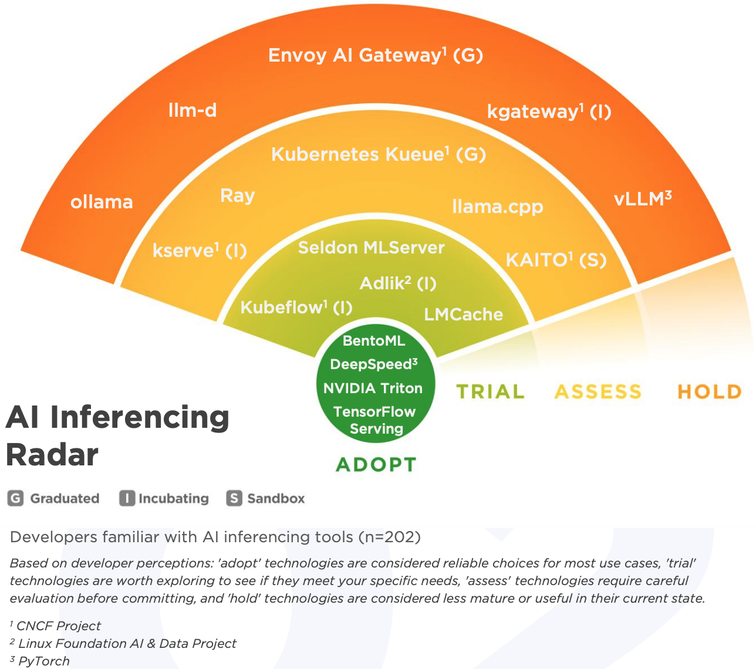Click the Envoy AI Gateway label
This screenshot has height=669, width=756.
(375, 55)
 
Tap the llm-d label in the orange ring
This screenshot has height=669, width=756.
(193, 110)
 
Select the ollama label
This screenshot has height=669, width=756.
(102, 202)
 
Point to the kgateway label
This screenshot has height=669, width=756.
(549, 112)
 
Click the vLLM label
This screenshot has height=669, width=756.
(642, 199)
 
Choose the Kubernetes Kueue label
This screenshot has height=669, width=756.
(378, 154)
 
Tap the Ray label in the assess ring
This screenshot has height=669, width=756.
(237, 195)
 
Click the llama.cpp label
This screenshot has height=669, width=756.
(498, 207)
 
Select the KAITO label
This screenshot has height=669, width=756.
(556, 259)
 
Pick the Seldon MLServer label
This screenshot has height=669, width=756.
(371, 248)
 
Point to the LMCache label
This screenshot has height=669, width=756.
(463, 315)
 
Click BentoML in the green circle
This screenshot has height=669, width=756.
(374, 341)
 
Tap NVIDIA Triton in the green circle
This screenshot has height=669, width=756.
(373, 388)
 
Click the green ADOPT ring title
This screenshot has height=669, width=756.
(376, 465)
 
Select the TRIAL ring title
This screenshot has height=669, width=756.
(490, 391)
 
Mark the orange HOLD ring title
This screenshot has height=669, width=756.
(709, 391)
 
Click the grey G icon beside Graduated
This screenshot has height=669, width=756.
(15, 498)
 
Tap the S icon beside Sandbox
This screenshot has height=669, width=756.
(234, 498)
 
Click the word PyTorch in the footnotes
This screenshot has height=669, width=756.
(44, 661)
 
